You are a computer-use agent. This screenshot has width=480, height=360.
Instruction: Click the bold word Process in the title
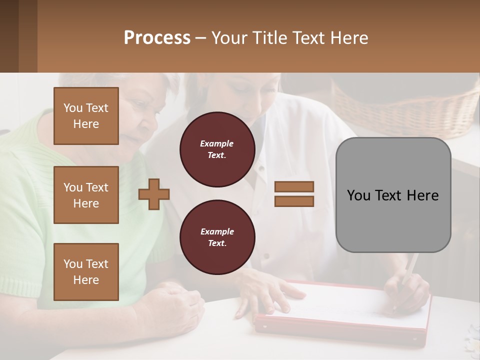pyautogui.click(x=157, y=38)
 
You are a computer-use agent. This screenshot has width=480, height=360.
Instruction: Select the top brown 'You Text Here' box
pyautogui.click(x=86, y=116)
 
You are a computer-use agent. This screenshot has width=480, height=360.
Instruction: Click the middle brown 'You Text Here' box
pyautogui.click(x=86, y=195)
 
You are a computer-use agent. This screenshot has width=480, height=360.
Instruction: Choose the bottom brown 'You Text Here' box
pyautogui.click(x=86, y=272)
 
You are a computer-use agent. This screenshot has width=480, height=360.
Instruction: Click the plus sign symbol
pyautogui.click(x=154, y=194)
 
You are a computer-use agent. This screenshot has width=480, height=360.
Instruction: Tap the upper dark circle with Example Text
pyautogui.click(x=217, y=149)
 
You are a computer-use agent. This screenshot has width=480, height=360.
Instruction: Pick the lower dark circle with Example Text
pyautogui.click(x=217, y=237)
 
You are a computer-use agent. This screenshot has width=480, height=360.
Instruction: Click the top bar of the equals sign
pyautogui.click(x=294, y=186)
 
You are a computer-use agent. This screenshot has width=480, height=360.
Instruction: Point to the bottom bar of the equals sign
pyautogui.click(x=294, y=201)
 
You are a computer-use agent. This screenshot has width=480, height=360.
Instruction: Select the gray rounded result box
pyautogui.click(x=393, y=195)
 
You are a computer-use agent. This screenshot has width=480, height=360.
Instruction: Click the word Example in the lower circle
pyautogui.click(x=217, y=231)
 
